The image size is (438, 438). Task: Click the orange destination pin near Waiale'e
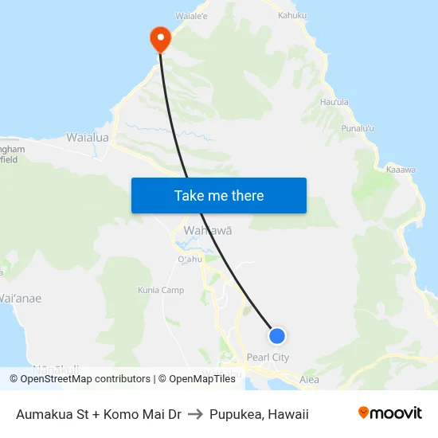[x=160, y=37]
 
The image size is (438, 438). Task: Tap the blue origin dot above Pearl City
[x=277, y=335]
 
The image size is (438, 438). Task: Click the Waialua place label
[x=88, y=138]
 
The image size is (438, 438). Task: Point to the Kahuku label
[x=292, y=15]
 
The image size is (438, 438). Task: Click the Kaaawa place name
[x=401, y=170]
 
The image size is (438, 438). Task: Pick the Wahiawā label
[x=208, y=230]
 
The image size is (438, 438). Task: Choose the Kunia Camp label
[x=161, y=290]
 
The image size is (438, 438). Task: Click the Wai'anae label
[x=21, y=299]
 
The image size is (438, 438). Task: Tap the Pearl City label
[x=268, y=358]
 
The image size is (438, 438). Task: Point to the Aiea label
[x=309, y=380]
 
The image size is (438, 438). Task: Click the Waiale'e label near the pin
[x=192, y=15]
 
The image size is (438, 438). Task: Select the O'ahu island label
[x=190, y=259]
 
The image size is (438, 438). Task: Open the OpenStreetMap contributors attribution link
[x=85, y=379]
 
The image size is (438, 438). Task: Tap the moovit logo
[x=390, y=413]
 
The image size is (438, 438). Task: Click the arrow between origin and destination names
[x=194, y=414]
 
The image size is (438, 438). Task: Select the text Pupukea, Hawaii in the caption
[x=259, y=414]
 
